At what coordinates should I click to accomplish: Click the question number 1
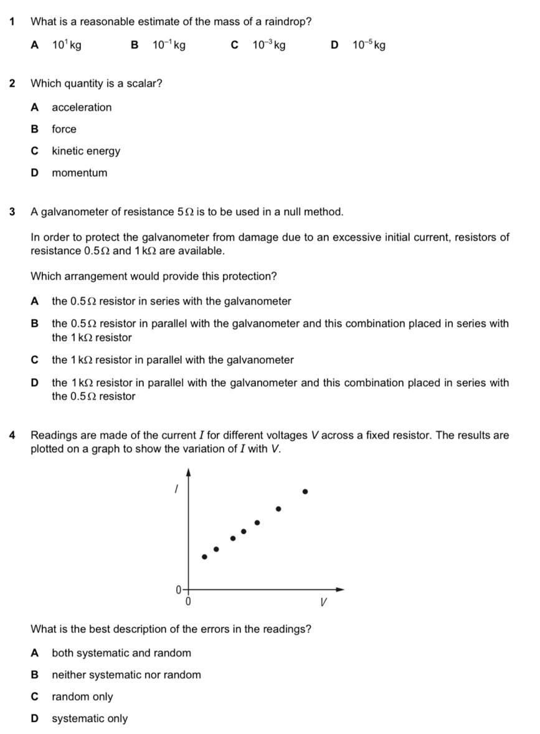[x=13, y=22]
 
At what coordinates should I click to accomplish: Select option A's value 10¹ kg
[x=66, y=45]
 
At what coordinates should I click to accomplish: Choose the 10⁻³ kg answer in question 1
[x=268, y=45]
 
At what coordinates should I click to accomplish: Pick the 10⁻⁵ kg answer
[x=369, y=45]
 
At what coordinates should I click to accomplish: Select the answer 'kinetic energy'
[x=86, y=151]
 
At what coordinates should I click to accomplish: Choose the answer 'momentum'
[x=79, y=173]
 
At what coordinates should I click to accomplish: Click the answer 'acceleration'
[x=82, y=107]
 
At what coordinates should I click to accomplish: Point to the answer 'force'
[x=64, y=129]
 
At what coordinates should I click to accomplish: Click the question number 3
[x=13, y=212]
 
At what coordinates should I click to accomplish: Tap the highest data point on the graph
[x=305, y=491]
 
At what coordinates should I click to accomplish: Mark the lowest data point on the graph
[x=204, y=556]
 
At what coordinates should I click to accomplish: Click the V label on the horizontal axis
[x=323, y=603]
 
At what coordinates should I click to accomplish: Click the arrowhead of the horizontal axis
[x=340, y=589]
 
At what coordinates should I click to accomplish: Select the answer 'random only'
[x=82, y=697]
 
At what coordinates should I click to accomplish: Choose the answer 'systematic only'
[x=90, y=718]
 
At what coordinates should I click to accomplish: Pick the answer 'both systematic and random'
[x=121, y=653]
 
